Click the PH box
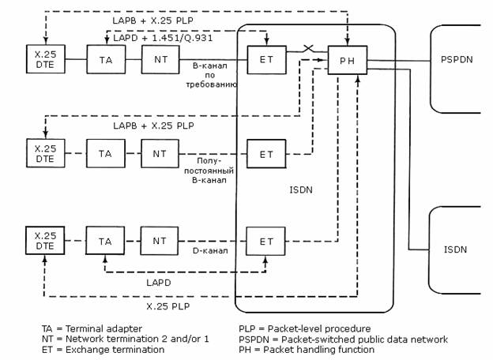click(x=347, y=60)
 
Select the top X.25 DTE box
click(x=46, y=59)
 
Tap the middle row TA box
click(x=106, y=154)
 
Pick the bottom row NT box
click(x=160, y=241)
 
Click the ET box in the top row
click(x=266, y=59)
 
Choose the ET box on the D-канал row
click(x=266, y=241)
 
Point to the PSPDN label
click(x=456, y=59)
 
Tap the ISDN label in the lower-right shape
click(x=456, y=250)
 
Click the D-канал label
click(x=209, y=252)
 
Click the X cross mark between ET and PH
click(x=308, y=50)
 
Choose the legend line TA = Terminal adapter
click(x=92, y=328)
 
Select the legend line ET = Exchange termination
click(x=103, y=349)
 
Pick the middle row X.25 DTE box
click(x=46, y=154)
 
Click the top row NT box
click(x=160, y=59)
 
